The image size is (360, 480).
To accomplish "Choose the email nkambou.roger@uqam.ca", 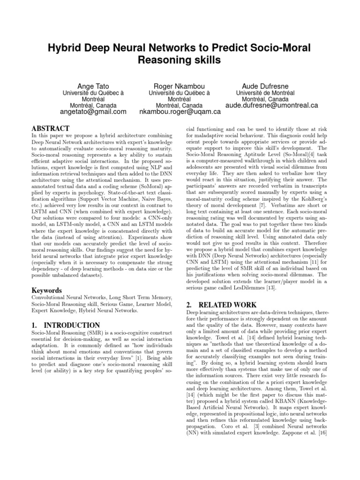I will (180, 112).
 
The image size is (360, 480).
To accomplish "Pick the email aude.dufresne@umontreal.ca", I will (271, 105).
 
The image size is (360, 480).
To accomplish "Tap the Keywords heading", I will (47, 291).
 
